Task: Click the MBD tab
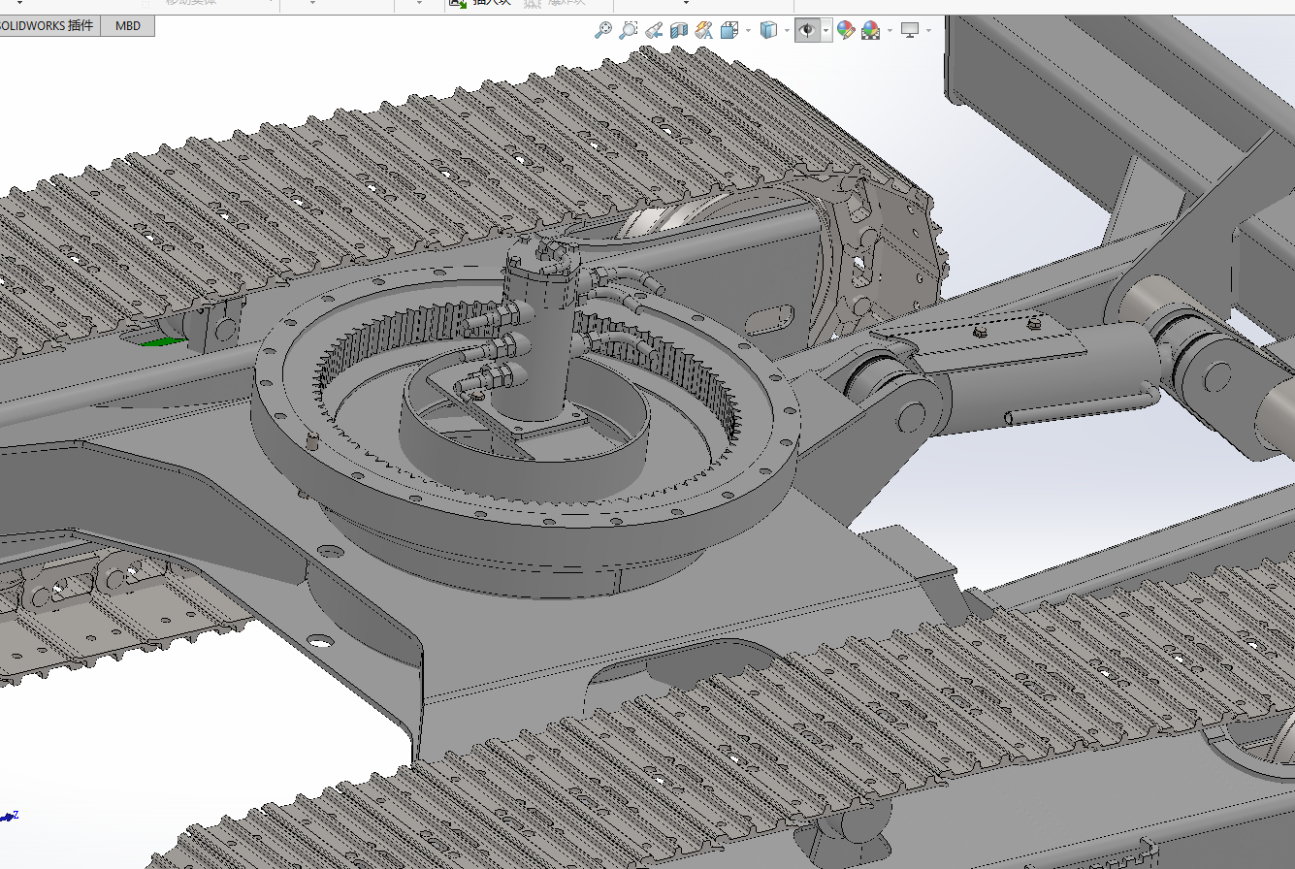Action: click(128, 25)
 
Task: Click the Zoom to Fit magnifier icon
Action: click(603, 31)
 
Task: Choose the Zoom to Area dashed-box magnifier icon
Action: click(629, 31)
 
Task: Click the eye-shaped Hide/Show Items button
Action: click(806, 31)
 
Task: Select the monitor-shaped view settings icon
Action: click(910, 31)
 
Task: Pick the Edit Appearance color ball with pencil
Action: click(845, 31)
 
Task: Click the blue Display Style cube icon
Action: click(768, 31)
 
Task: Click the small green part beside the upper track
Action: click(163, 340)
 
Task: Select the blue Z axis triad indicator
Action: click(10, 817)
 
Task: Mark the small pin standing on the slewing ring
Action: click(312, 441)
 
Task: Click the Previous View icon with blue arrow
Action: click(655, 31)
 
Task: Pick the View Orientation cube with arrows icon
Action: click(730, 31)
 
